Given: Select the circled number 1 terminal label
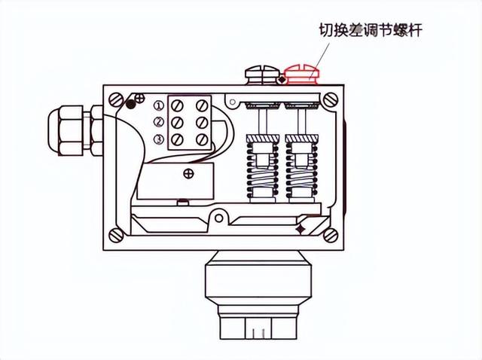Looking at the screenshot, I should [x=158, y=105].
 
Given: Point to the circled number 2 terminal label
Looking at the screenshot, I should [x=158, y=122].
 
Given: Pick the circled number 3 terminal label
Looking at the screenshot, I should [x=158, y=139].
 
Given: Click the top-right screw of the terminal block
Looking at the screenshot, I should [x=201, y=105].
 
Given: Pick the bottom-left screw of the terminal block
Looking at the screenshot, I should [x=178, y=140].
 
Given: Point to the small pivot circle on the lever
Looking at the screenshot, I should [x=218, y=219].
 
